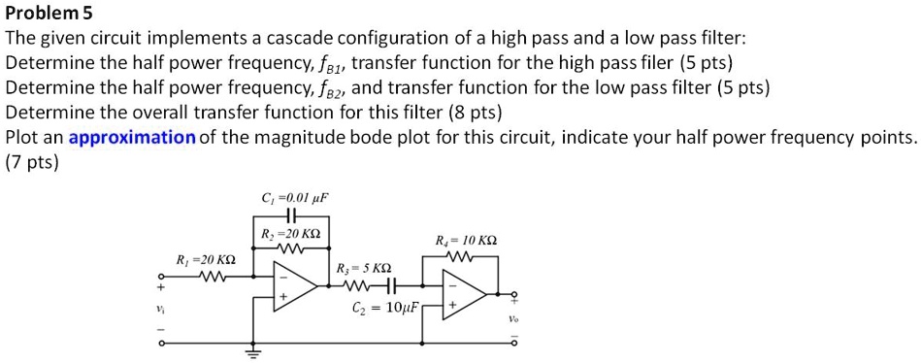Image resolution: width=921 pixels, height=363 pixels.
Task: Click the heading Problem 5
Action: [x=48, y=15]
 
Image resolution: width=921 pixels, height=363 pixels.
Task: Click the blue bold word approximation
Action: [x=132, y=137]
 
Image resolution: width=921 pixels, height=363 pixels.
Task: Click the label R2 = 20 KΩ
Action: [x=292, y=235]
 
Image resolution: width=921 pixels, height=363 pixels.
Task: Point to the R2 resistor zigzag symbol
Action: [x=292, y=250]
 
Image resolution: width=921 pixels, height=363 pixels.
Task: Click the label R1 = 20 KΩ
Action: [x=205, y=260]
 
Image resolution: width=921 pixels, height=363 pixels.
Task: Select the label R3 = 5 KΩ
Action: [x=363, y=268]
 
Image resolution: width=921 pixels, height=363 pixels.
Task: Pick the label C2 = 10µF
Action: [x=385, y=310]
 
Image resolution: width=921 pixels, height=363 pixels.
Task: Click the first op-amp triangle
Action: [x=294, y=286]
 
